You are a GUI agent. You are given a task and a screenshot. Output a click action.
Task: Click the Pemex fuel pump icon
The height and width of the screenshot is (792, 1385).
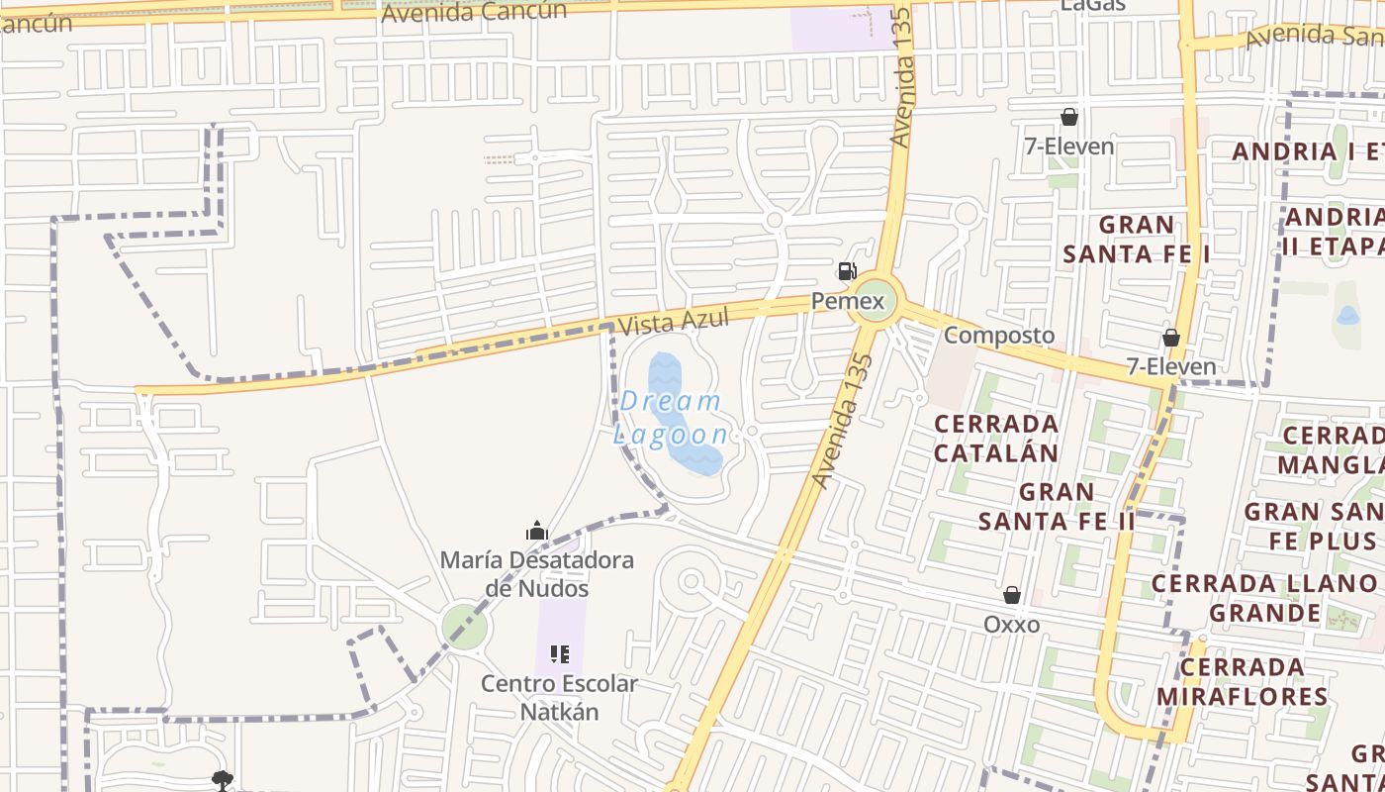pyautogui.click(x=847, y=270)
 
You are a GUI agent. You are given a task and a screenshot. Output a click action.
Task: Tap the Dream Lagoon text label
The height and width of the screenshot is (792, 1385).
pyautogui.click(x=673, y=418)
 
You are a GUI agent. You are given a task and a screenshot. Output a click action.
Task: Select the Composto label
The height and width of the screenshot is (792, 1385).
pyautogui.click(x=998, y=335)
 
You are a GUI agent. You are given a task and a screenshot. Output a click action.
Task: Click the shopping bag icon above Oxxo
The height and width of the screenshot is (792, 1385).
pyautogui.click(x=1011, y=595)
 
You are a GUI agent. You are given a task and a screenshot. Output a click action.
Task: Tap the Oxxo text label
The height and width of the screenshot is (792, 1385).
pyautogui.click(x=1011, y=625)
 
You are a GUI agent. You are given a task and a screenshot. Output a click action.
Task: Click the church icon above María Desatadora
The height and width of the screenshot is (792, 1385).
pyautogui.click(x=537, y=532)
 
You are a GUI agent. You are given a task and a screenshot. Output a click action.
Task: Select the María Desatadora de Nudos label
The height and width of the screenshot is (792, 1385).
pyautogui.click(x=536, y=574)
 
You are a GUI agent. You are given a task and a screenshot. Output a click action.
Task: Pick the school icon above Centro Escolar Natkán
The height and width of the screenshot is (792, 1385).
pyautogui.click(x=560, y=654)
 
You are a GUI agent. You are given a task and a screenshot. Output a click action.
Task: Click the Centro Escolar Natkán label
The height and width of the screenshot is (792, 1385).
pyautogui.click(x=559, y=697)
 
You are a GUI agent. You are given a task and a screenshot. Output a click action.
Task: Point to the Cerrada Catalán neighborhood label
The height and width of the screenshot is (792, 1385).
pyautogui.click(x=996, y=438)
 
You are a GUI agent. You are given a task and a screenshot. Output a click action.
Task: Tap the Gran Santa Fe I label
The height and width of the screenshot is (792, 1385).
pyautogui.click(x=1136, y=240)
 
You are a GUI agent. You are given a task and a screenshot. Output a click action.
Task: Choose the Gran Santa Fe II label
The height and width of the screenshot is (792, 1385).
pyautogui.click(x=1056, y=505)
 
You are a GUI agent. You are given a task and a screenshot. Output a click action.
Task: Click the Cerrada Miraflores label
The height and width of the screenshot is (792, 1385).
pyautogui.click(x=1242, y=681)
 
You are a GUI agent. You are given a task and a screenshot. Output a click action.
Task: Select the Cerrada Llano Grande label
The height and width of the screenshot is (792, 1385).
pyautogui.click(x=1264, y=598)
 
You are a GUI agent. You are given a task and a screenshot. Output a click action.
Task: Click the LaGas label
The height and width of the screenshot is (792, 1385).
pyautogui.click(x=1093, y=5)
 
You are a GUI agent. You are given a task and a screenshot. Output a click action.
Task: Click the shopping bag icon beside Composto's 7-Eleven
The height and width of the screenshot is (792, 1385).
pyautogui.click(x=1171, y=339)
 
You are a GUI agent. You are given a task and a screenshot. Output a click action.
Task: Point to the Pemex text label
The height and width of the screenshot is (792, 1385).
pyautogui.click(x=848, y=299)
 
